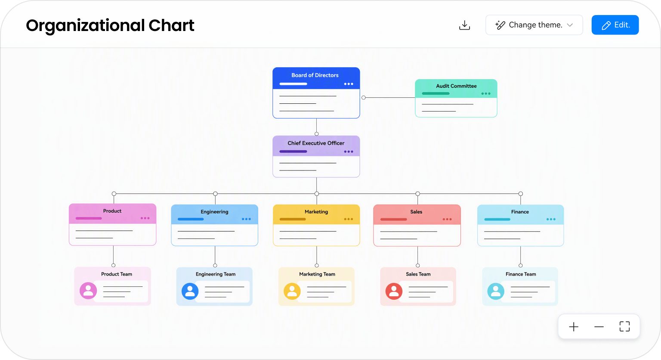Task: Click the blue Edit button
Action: (615, 25)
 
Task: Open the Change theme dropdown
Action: (534, 25)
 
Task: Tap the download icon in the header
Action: (464, 25)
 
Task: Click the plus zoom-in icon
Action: (574, 327)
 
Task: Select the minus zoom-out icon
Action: (599, 327)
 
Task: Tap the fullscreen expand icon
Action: (624, 327)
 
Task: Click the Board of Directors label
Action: (315, 75)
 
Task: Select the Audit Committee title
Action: (456, 86)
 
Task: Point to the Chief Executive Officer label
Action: (316, 143)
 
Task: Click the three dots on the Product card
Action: (145, 218)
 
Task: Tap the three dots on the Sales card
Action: (447, 219)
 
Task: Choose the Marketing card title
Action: (316, 212)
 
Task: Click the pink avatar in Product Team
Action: (88, 291)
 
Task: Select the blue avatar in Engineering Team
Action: (190, 291)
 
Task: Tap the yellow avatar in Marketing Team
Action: (292, 291)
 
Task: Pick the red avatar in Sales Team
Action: (394, 291)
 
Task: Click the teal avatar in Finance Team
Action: (496, 291)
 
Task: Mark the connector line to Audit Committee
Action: (389, 97)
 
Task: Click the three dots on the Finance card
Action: (551, 219)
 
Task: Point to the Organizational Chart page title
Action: (110, 26)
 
